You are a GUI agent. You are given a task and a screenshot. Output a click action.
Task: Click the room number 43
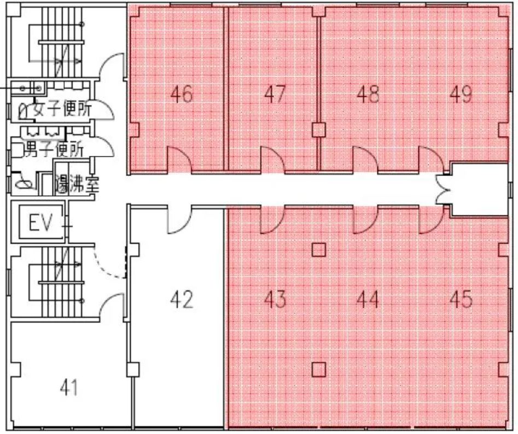[275, 300]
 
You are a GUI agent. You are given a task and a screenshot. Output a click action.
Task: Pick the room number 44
[368, 300]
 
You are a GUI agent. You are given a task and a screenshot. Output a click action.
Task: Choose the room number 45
[461, 300]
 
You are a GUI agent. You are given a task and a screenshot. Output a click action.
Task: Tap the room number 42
[182, 300]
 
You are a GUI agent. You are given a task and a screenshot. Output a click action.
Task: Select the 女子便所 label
[62, 109]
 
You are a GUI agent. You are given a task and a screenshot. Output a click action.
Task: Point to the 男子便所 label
[55, 149]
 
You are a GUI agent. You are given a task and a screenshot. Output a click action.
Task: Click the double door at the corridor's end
[441, 189]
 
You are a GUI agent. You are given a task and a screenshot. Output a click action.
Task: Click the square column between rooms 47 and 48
[319, 130]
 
